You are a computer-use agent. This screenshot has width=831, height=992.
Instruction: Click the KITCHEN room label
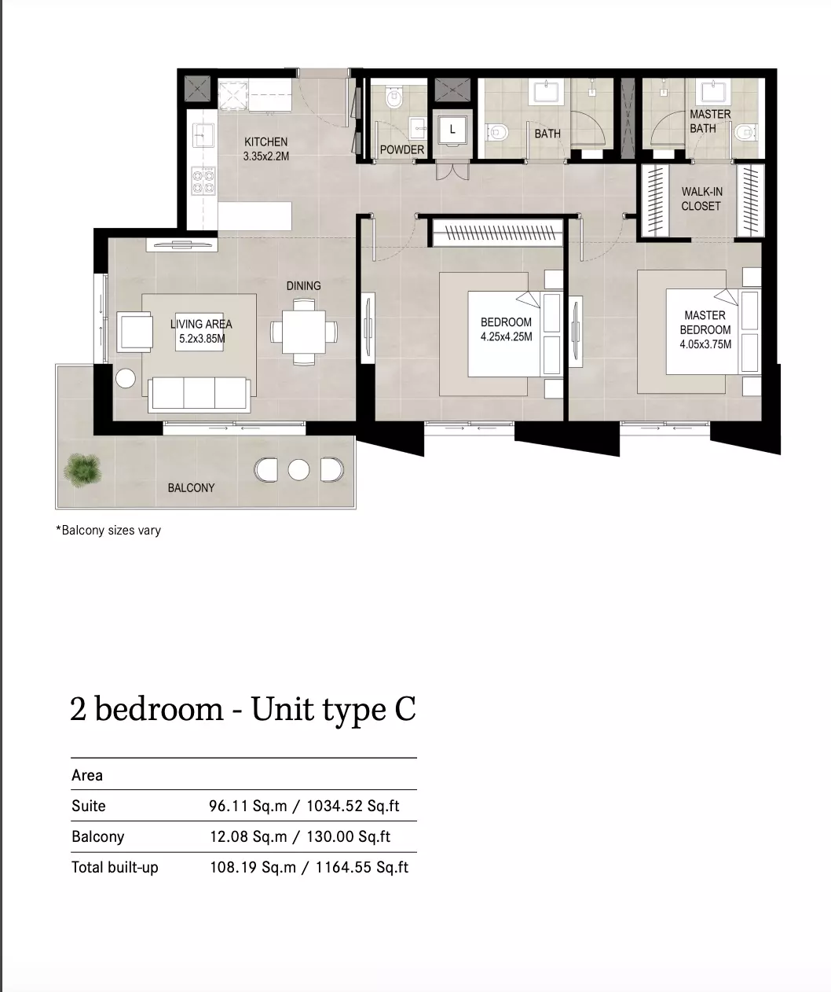click(266, 141)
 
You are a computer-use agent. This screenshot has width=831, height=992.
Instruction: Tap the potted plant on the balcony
click(83, 470)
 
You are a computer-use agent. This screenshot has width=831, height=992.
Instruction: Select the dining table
click(304, 332)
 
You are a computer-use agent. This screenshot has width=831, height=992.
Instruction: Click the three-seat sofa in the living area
click(200, 395)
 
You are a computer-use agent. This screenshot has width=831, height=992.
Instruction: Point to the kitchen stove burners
click(203, 181)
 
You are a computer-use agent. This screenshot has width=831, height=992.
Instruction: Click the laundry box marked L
click(452, 129)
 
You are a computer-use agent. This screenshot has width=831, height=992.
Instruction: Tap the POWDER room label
click(401, 149)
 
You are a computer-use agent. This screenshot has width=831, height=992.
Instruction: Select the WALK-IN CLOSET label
click(701, 199)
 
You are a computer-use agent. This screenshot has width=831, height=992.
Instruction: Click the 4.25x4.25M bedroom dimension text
click(506, 337)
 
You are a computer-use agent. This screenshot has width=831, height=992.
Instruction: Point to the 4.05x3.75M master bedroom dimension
click(705, 344)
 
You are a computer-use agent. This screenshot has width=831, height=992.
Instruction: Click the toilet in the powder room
click(394, 98)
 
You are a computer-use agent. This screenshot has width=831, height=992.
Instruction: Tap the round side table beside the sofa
click(126, 379)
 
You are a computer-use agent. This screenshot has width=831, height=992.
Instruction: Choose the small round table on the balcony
click(298, 470)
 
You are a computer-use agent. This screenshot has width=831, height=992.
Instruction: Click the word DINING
click(303, 286)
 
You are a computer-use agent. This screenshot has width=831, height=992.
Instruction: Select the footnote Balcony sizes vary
click(108, 531)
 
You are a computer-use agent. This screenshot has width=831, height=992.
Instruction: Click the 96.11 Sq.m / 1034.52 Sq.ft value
click(304, 806)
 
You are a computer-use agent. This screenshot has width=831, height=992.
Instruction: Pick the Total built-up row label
click(115, 868)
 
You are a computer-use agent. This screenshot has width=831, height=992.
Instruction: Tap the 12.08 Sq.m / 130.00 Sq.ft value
click(300, 836)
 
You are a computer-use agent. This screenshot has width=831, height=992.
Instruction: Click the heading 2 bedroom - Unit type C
click(243, 709)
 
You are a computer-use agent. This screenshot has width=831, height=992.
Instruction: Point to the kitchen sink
click(203, 135)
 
